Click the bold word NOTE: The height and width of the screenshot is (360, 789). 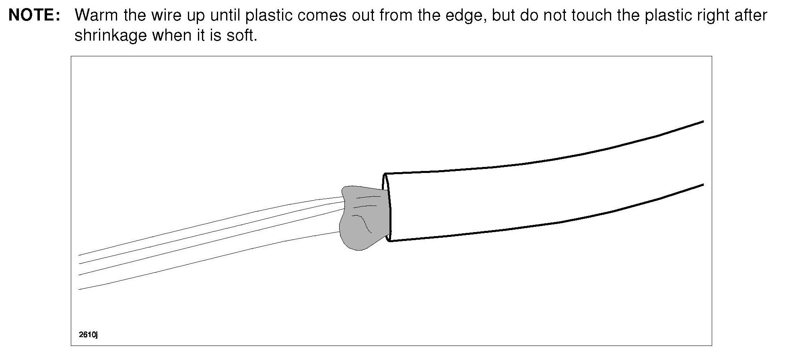coord(35,15)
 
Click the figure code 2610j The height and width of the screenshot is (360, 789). coord(89,335)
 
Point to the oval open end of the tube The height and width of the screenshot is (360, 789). coord(387,207)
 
